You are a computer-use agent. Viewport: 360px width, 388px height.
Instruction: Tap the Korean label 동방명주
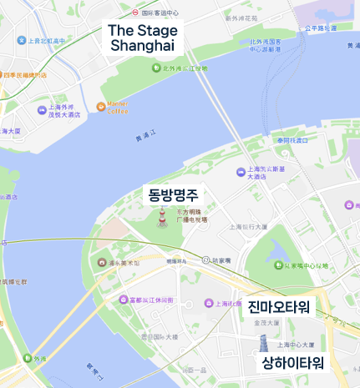173,196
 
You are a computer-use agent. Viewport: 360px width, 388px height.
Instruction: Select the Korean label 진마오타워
279,306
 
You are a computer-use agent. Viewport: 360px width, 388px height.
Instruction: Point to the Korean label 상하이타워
292,362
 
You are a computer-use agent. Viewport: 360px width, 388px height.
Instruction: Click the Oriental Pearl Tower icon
162,219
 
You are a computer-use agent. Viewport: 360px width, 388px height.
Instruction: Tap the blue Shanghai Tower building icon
261,345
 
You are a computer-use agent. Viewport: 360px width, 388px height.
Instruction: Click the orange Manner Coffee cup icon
101,107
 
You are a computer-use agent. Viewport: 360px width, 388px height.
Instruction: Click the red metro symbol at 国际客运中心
135,13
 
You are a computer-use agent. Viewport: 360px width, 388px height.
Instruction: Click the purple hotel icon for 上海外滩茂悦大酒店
42,110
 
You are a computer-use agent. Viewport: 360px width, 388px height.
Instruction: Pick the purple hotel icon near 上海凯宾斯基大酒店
241,172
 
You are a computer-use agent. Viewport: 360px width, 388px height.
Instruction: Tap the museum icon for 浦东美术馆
102,263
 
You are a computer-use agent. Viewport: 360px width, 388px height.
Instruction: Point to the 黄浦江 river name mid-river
145,139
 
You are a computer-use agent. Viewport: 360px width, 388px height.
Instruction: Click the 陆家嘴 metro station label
221,260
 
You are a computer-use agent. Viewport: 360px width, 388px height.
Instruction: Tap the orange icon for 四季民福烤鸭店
4,75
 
